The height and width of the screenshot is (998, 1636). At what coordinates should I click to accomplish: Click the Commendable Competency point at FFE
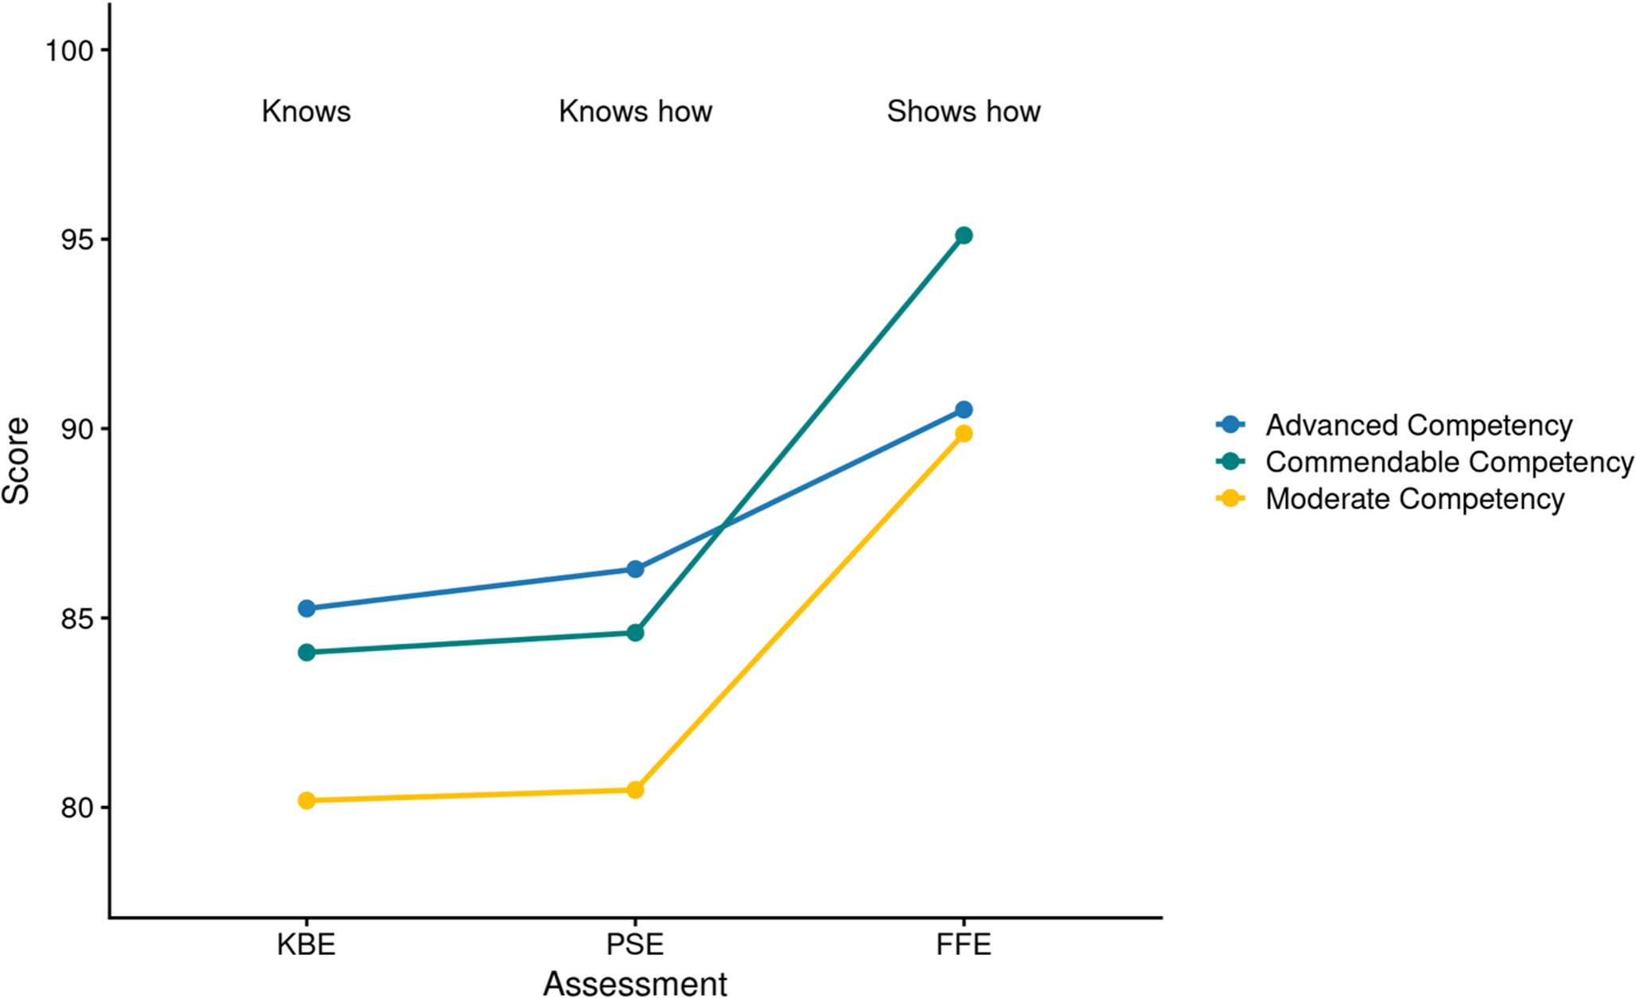coord(964,236)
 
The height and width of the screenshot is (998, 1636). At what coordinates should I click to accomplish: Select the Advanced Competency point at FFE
coord(964,410)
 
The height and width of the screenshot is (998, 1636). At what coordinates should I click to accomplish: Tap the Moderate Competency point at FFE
coord(964,434)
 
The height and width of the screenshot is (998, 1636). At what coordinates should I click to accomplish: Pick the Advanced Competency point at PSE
coord(635,569)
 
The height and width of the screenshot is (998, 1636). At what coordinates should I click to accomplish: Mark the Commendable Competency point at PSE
coord(635,633)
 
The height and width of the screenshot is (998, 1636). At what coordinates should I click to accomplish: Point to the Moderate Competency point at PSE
coord(635,790)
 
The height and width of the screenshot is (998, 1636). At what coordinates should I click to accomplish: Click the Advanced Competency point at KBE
coord(306,609)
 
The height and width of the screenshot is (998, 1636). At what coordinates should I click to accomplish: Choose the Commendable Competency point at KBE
coord(306,653)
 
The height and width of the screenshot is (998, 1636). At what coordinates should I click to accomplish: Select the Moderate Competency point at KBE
coord(306,801)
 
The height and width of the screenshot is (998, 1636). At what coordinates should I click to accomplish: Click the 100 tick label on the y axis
coord(69,51)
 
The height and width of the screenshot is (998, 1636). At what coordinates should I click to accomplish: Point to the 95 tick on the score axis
coord(76,240)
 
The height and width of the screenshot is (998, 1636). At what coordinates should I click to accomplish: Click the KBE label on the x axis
coord(306,945)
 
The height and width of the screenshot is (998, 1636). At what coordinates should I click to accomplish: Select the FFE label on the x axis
coord(964,945)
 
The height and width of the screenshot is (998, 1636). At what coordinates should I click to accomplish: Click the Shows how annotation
coord(964,112)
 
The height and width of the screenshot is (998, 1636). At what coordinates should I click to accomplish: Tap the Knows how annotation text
coord(635,112)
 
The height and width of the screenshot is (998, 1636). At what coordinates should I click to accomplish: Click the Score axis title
coord(17,461)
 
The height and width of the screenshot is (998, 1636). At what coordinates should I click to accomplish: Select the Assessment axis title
coord(635,984)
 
